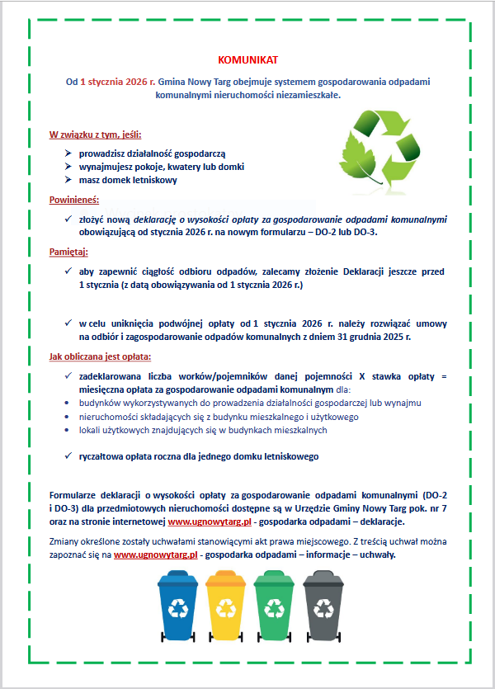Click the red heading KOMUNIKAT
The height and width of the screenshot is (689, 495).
(248, 60)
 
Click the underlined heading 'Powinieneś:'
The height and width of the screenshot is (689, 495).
(75, 199)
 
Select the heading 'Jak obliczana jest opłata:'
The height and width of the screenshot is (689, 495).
(101, 356)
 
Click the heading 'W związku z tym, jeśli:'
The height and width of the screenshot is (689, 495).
(94, 134)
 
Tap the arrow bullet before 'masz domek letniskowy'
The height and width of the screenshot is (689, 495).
(68, 180)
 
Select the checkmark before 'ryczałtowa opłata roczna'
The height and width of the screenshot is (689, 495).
(68, 455)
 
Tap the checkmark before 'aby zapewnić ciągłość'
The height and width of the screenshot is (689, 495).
(68, 271)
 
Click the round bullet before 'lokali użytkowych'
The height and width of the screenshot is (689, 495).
(68, 430)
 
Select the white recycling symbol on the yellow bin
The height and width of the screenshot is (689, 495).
(226, 608)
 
